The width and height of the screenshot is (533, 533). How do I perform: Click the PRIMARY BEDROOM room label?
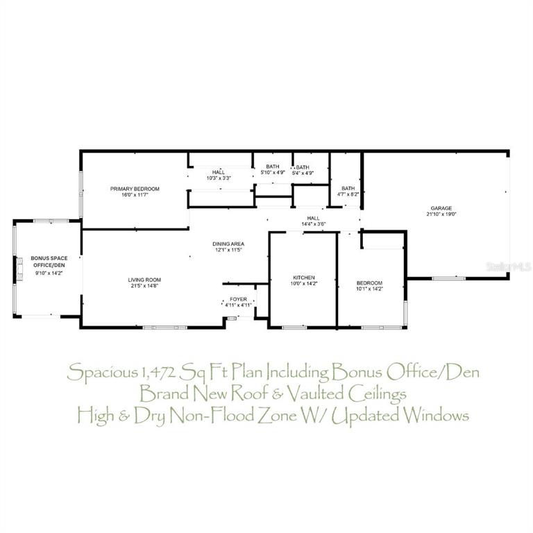pyautogui.click(x=135, y=189)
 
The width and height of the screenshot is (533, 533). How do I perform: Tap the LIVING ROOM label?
pyautogui.click(x=144, y=280)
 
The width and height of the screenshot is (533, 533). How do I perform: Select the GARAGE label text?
pyautogui.click(x=441, y=208)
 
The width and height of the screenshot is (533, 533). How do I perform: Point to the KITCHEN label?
pyautogui.click(x=304, y=278)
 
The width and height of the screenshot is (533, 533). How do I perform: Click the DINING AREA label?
pyautogui.click(x=228, y=244)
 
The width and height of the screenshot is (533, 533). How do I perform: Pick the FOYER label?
pyautogui.click(x=238, y=299)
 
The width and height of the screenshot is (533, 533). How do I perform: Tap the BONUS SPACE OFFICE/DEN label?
pyautogui.click(x=49, y=262)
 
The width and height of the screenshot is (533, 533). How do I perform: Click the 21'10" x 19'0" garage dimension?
pyautogui.click(x=441, y=214)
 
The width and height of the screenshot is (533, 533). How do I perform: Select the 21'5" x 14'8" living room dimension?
pyautogui.click(x=144, y=286)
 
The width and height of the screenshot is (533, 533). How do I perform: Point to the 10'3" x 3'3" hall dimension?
pyautogui.click(x=219, y=178)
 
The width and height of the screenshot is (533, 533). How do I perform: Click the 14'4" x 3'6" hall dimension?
pyautogui.click(x=314, y=224)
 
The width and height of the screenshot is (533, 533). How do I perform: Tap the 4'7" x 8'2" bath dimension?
pyautogui.click(x=348, y=194)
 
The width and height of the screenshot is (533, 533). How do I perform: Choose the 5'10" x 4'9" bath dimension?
pyautogui.click(x=273, y=172)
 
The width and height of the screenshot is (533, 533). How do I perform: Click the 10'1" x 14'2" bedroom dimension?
pyautogui.click(x=369, y=289)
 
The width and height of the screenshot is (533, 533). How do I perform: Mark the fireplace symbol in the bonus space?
pyautogui.click(x=19, y=269)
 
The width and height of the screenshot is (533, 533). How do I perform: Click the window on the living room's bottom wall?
pyautogui.click(x=165, y=328)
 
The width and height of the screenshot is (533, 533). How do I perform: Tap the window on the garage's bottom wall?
pyautogui.click(x=449, y=278)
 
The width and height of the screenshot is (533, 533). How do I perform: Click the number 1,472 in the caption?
pyautogui.click(x=158, y=373)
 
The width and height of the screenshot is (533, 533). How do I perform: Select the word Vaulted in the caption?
pyautogui.click(x=315, y=394)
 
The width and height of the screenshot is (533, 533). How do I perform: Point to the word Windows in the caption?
pyautogui.click(x=436, y=416)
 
